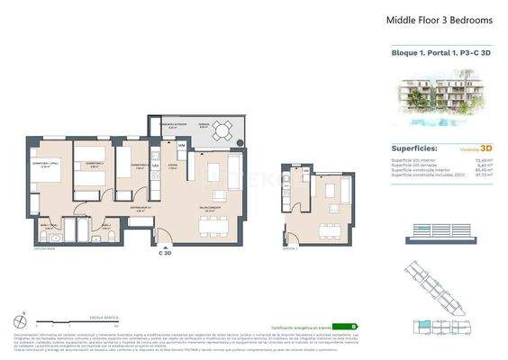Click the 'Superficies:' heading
click(414, 148)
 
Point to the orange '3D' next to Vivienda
click(485, 148)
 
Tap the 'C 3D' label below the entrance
click(165, 254)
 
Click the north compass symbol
click(19, 319)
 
